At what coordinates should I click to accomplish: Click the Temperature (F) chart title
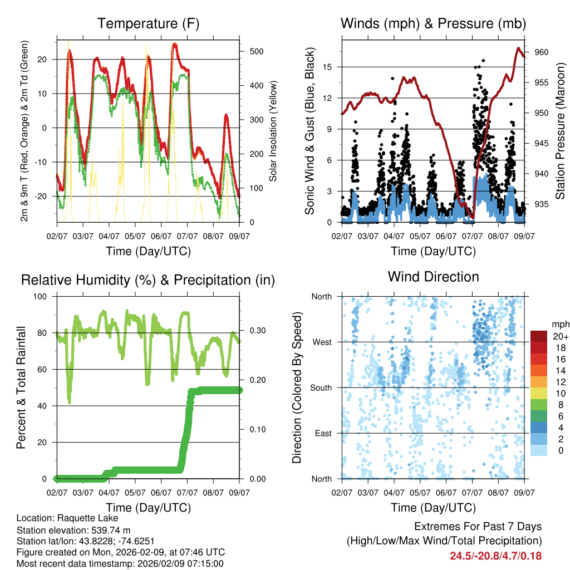coord(148,24)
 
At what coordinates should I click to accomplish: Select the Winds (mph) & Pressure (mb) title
coord(433,24)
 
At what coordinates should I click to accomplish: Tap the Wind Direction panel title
coord(433,277)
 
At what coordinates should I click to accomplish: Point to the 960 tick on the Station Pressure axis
coord(542,52)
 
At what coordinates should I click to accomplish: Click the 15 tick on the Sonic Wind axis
coord(327,67)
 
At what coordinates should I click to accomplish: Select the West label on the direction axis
coord(321,342)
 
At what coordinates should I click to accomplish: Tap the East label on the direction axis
coord(322,433)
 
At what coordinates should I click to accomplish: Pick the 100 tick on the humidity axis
coord(43,296)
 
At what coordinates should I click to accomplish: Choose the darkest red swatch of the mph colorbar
coord(540,336)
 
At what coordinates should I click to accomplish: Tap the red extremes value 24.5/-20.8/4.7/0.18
coord(495,556)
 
